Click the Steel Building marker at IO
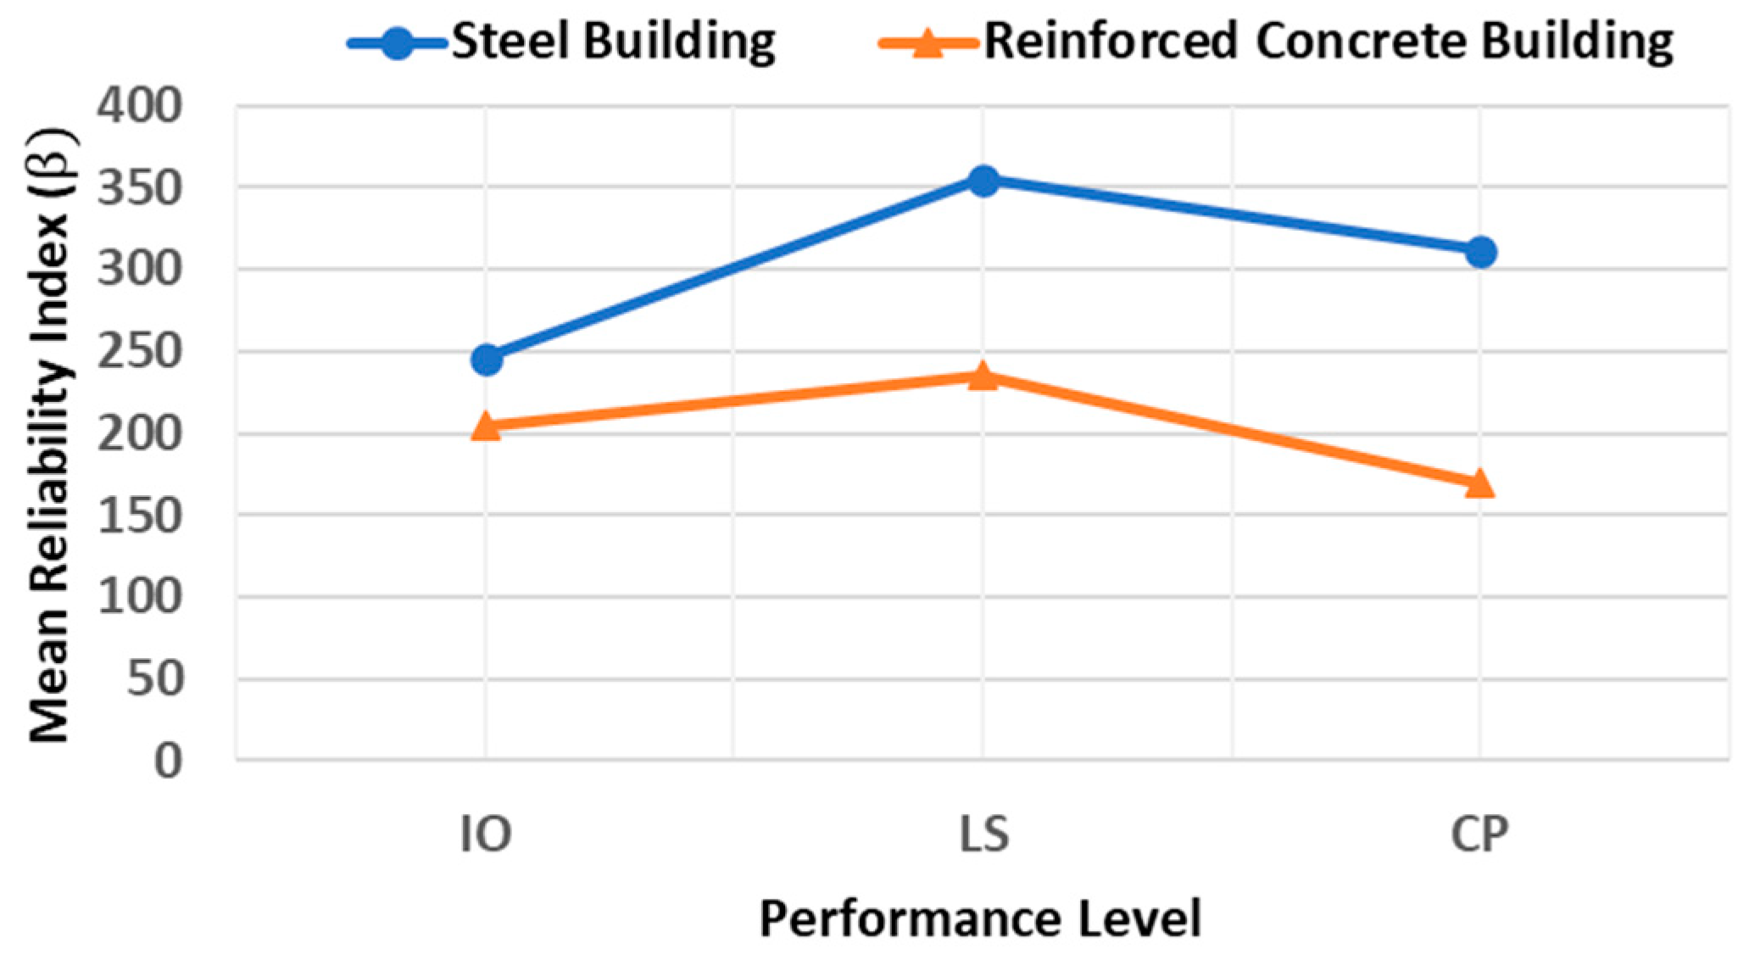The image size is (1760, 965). coord(487,359)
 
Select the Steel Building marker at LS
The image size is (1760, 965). coord(983,180)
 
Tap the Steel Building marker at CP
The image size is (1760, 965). coord(1480,252)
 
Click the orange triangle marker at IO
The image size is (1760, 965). coord(487,426)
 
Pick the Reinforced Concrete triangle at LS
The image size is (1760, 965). coord(983,375)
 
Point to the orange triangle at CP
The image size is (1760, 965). coord(1480,483)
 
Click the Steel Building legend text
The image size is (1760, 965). coord(613,41)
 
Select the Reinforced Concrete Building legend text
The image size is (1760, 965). coord(1328,41)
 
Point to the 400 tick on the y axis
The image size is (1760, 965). coord(140,108)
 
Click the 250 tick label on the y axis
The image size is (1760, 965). coord(140,353)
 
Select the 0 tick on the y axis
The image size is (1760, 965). coord(168,761)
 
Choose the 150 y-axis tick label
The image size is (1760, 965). coord(140,516)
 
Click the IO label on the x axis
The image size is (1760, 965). coord(486,834)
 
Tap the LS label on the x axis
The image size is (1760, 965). coord(983,834)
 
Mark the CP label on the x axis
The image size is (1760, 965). coord(1479,834)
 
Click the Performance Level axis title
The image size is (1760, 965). coord(980,919)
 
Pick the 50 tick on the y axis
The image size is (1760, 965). coord(154,680)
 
